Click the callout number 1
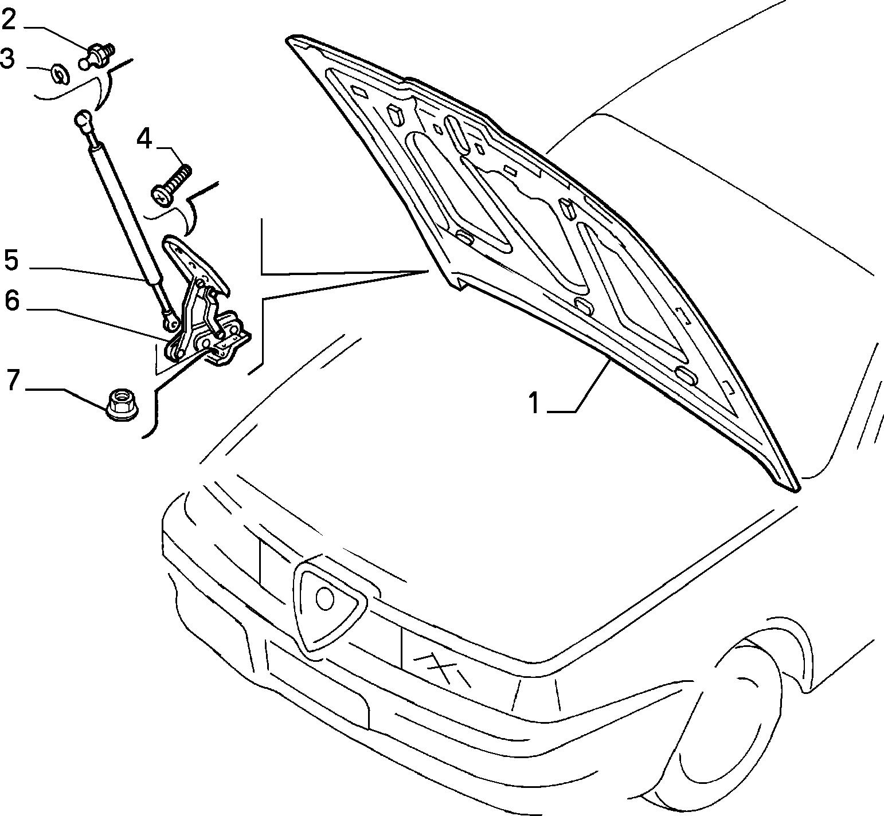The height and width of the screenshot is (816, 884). tap(534, 403)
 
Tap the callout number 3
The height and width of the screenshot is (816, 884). tap(7, 58)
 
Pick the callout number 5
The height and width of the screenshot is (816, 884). tap(11, 260)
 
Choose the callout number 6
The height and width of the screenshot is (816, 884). tap(12, 301)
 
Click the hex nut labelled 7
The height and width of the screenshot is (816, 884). tap(122, 405)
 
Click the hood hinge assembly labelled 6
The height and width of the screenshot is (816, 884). tap(204, 304)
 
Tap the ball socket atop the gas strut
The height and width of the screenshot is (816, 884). tap(83, 120)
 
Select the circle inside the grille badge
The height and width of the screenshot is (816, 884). tap(325, 599)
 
